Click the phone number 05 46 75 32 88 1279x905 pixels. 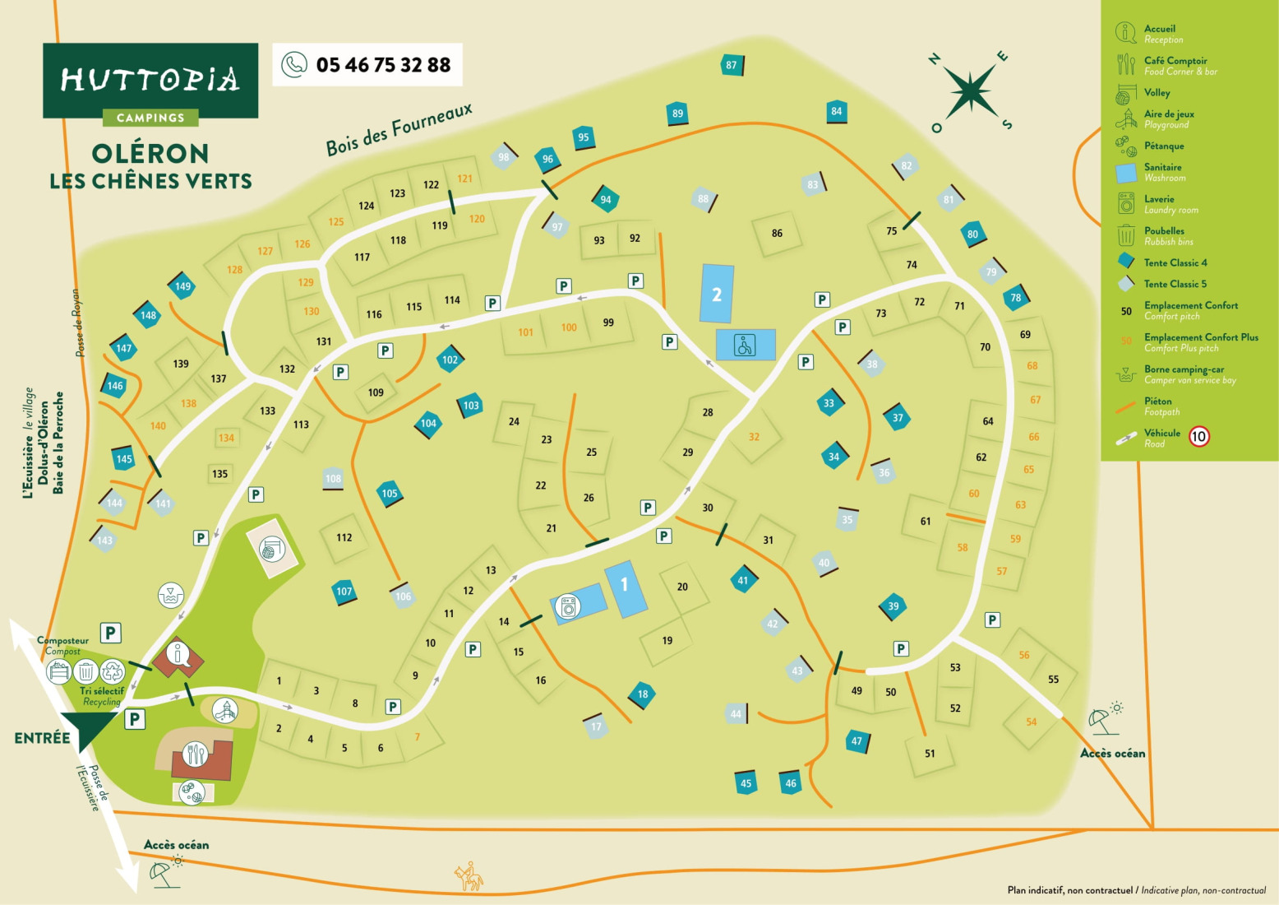tap(382, 65)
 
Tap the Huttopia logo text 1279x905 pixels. tap(150, 79)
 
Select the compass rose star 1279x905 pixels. tap(971, 90)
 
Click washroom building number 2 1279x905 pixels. tap(717, 294)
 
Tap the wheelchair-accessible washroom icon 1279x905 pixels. tap(745, 346)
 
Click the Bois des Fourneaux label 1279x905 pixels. tap(399, 129)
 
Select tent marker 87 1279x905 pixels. tap(731, 65)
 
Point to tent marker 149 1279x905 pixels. tap(182, 286)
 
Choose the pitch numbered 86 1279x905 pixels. tap(777, 233)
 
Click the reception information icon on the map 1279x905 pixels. tap(178, 655)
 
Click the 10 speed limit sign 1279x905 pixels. tap(1199, 436)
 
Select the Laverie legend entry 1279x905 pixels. tap(1159, 203)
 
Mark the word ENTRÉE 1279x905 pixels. tap(42, 738)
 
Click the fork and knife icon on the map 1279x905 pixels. tap(195, 754)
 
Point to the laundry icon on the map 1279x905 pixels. tap(567, 607)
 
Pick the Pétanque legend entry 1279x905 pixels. tap(1163, 146)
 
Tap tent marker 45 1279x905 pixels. tap(746, 783)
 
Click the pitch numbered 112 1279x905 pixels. tap(344, 537)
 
